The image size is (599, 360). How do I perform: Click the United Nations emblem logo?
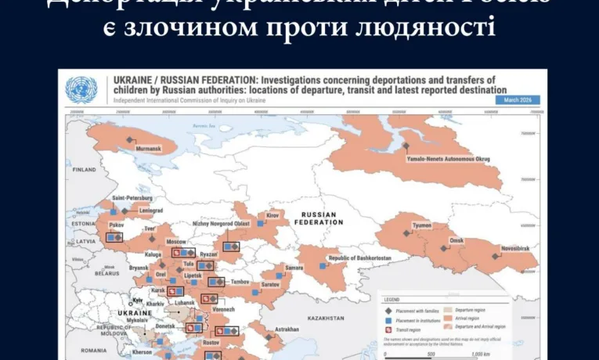(81, 89)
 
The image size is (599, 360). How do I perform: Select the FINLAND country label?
(85, 169)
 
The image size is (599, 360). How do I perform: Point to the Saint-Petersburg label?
(130, 198)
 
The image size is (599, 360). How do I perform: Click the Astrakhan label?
(287, 329)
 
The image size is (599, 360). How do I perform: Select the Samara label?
(294, 268)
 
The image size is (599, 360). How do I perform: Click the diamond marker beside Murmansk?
(130, 140)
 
